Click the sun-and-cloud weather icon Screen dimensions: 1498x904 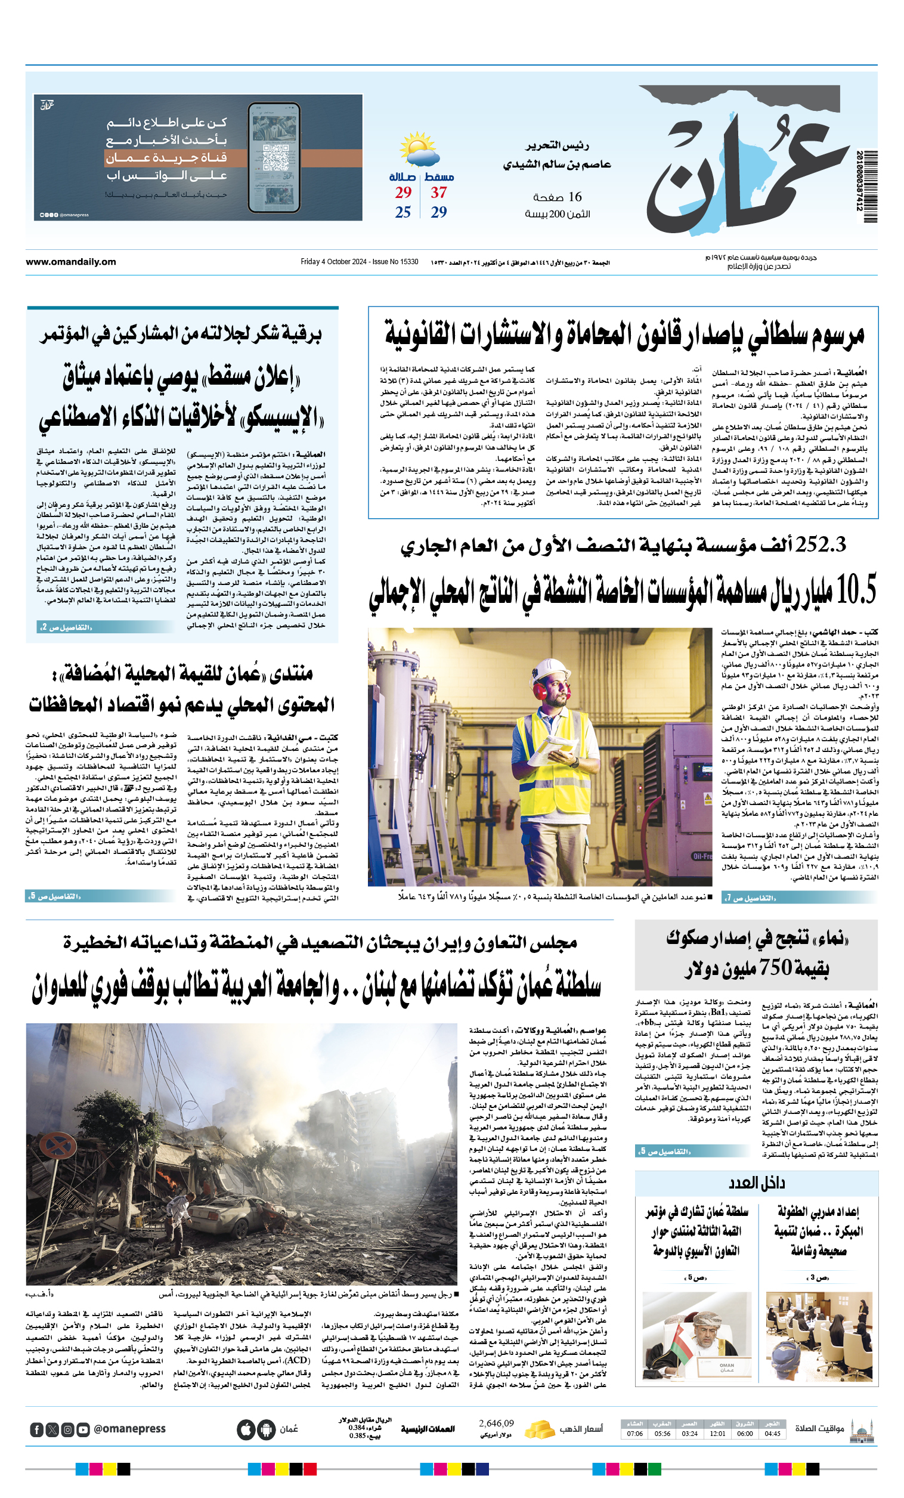419,149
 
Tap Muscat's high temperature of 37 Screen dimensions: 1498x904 439,193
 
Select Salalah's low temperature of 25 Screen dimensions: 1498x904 403,212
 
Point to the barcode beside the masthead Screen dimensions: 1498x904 868,181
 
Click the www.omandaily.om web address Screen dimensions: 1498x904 70,262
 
